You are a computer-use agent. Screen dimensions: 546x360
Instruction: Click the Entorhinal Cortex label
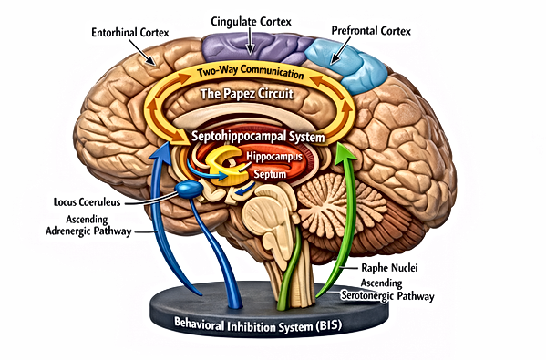[130, 33]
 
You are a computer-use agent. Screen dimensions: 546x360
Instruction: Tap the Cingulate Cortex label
[251, 22]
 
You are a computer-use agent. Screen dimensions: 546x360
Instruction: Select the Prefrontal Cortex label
[371, 31]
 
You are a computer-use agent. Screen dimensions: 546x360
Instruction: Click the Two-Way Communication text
[250, 72]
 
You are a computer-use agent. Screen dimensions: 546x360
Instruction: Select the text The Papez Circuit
[246, 94]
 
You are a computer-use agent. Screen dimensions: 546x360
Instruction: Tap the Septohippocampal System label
[258, 136]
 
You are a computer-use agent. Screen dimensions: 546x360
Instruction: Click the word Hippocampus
[274, 157]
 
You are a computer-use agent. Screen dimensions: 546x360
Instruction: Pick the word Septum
[270, 174]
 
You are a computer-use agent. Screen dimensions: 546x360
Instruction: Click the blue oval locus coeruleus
[189, 189]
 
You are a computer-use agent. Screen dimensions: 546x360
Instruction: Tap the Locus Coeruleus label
[88, 202]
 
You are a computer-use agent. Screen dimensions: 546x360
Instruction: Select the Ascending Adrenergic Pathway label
[88, 225]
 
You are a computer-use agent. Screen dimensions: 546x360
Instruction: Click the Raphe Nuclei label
[389, 268]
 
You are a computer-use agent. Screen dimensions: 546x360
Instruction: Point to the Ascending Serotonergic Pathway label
[387, 290]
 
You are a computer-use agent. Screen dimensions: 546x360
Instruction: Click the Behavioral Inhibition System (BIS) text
[258, 325]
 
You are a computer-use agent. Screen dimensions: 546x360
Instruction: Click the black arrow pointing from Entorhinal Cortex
[142, 52]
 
